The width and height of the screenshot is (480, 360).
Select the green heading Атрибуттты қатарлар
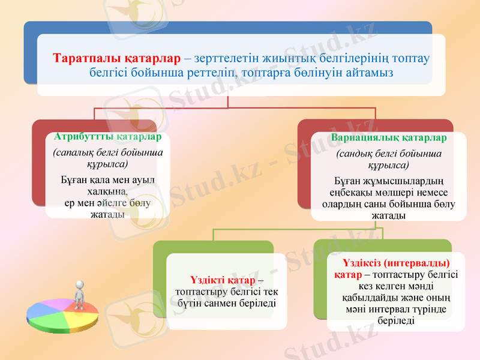(x=103, y=137)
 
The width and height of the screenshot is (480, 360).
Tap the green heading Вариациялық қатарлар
(x=389, y=138)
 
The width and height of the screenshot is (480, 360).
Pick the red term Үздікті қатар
(x=223, y=280)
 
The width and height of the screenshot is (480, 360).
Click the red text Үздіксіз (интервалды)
(x=396, y=263)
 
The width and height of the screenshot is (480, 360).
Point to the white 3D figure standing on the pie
(x=79, y=292)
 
